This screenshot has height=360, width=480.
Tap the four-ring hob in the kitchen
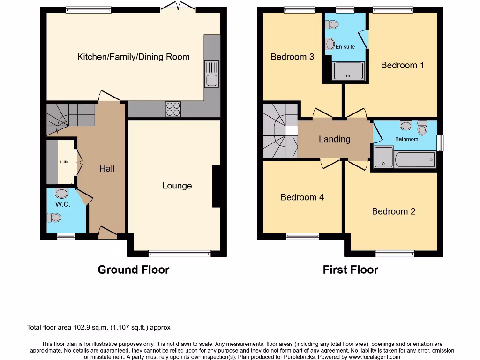[x=173, y=109]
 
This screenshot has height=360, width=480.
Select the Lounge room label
[x=177, y=186]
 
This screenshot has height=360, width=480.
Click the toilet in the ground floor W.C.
[x=61, y=193]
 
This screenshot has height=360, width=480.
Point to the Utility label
[x=64, y=162]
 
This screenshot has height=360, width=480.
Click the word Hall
[x=107, y=168]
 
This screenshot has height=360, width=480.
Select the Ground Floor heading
[x=133, y=270]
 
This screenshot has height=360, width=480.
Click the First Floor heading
[x=350, y=270]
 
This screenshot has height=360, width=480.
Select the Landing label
[x=334, y=139]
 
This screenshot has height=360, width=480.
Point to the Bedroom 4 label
[x=302, y=197]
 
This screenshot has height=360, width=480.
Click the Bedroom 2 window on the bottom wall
[x=395, y=254]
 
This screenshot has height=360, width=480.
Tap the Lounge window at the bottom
[x=180, y=254]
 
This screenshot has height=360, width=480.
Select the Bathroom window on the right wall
[x=440, y=143]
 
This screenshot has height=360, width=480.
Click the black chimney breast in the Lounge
[x=217, y=186]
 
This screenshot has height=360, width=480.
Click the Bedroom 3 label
[x=292, y=57]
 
